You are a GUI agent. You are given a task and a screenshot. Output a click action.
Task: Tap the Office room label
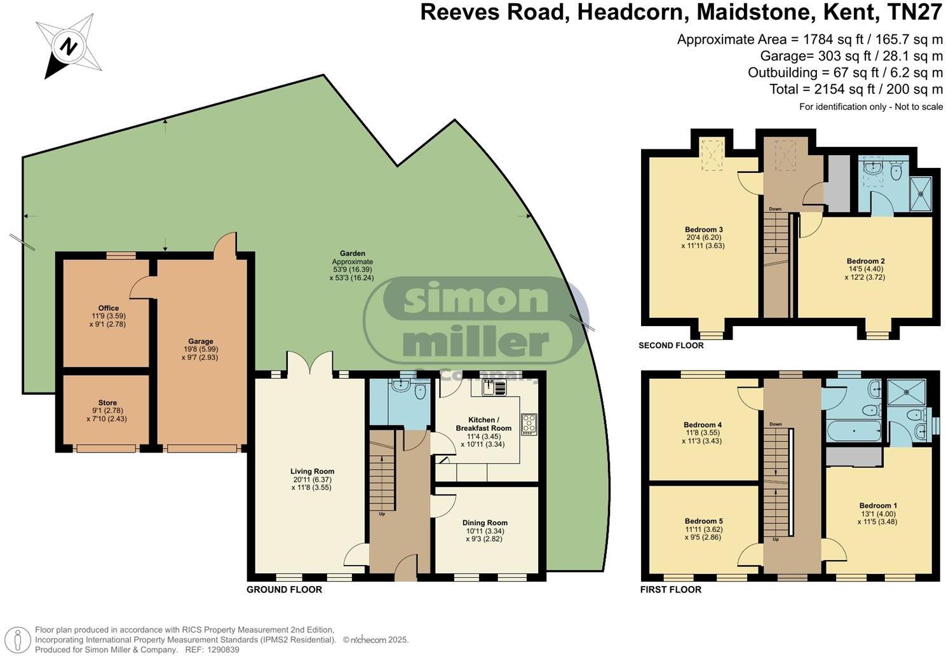click(x=109, y=308)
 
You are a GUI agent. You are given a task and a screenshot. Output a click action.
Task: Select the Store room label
click(x=107, y=402)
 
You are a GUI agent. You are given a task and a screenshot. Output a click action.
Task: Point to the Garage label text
click(x=200, y=341)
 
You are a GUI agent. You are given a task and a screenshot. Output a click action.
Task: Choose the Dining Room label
click(x=485, y=523)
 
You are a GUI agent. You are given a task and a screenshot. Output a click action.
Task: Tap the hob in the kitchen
click(x=529, y=424)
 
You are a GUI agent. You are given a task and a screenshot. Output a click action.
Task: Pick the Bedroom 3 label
click(x=703, y=229)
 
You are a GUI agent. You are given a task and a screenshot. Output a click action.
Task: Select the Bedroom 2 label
click(x=865, y=261)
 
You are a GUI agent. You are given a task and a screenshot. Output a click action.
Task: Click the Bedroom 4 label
click(x=702, y=425)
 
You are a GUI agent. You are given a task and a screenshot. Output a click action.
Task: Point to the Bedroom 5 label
click(x=703, y=521)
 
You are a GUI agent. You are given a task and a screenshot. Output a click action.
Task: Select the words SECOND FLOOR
click(x=671, y=346)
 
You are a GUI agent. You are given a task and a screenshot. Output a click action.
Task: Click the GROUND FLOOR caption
click(x=284, y=590)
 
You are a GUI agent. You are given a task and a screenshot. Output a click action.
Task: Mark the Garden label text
click(x=352, y=254)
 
